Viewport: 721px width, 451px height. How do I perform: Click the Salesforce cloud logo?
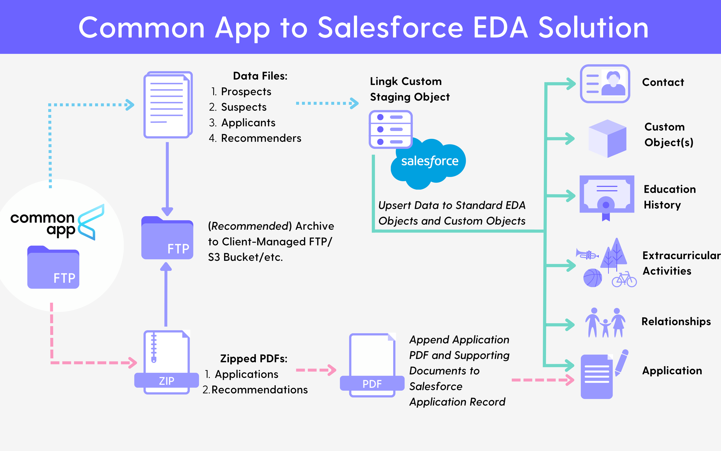point(429,162)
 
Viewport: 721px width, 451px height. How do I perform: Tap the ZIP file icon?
point(167,362)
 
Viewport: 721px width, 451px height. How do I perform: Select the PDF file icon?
point(372,365)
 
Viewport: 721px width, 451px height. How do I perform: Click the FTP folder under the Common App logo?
point(53,267)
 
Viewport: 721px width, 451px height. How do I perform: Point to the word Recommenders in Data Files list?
point(261,138)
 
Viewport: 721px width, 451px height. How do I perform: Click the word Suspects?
point(244,107)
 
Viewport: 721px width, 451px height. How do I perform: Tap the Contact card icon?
point(605,84)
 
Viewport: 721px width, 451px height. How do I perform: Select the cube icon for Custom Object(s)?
point(607,139)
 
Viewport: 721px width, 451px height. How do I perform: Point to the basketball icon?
point(592,278)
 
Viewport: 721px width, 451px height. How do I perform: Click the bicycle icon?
point(624,280)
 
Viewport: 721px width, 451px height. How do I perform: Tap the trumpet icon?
point(587,254)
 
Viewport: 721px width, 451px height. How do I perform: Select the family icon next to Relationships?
point(605,323)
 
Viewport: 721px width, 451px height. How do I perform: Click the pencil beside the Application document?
point(622,362)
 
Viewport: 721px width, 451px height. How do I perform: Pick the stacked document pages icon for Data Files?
point(168,105)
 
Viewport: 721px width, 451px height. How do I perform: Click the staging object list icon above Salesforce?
point(390,129)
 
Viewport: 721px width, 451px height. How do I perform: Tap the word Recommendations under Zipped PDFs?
point(259,390)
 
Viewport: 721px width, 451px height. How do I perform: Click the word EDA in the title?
point(500,28)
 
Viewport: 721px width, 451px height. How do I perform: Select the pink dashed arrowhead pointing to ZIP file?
point(133,363)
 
